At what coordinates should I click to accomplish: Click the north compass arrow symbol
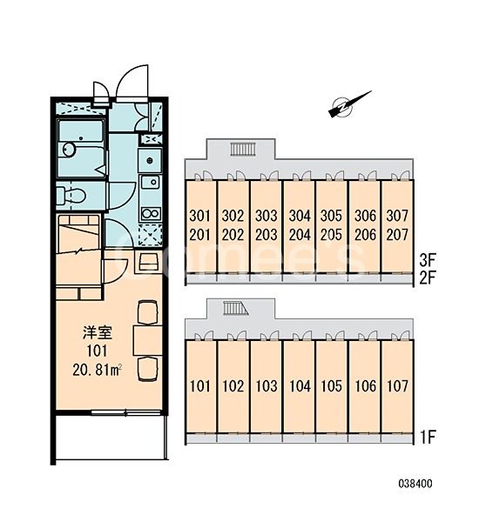(x=349, y=105)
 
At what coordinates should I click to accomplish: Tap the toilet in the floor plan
(x=70, y=196)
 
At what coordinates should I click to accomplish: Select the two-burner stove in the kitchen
(x=151, y=213)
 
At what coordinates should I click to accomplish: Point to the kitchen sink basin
(x=151, y=182)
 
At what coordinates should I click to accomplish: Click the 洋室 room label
(x=98, y=332)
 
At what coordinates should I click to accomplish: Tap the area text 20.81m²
(x=97, y=369)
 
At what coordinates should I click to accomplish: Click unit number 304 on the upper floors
(x=300, y=216)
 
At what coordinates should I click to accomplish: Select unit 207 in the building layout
(x=397, y=235)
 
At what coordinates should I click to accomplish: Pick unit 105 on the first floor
(x=332, y=385)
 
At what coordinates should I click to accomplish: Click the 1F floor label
(x=428, y=437)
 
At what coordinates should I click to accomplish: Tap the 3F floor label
(x=428, y=260)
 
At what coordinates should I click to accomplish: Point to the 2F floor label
(x=428, y=278)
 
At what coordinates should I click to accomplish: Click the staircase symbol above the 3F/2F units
(x=243, y=149)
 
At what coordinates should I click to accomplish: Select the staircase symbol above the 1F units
(x=236, y=308)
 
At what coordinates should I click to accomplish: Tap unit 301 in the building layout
(x=200, y=216)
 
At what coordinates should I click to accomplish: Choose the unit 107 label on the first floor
(x=397, y=385)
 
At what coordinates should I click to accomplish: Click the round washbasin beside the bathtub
(x=69, y=150)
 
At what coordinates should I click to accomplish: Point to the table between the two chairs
(x=148, y=340)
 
